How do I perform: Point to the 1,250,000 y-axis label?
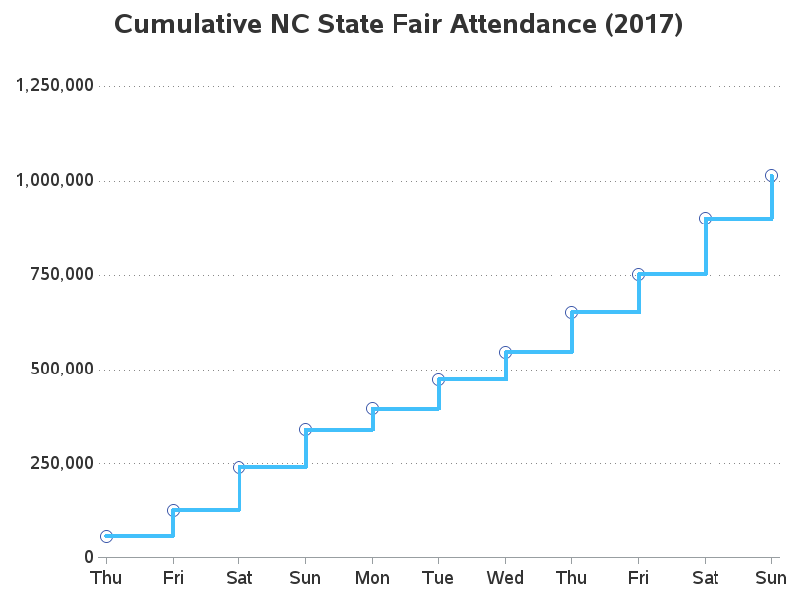pos(55,85)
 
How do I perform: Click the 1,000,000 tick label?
pos(55,180)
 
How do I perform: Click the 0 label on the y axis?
pos(88,557)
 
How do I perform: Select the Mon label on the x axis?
pos(372,578)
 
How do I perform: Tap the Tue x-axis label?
pos(438,578)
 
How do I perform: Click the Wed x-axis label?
pos(505,578)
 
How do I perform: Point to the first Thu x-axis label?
pos(106,578)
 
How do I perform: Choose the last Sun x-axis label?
pos(771,578)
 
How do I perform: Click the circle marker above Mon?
pos(372,408)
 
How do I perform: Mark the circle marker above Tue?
pos(438,379)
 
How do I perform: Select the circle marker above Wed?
pos(505,352)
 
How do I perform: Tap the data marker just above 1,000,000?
pos(771,176)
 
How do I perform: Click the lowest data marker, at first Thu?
pos(106,536)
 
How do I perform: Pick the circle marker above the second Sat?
pos(705,218)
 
